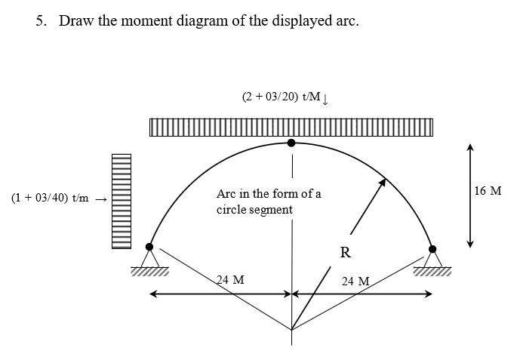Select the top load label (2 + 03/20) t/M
(281, 97)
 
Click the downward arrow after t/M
(325, 98)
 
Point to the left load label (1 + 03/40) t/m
(50, 198)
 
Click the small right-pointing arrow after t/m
(102, 199)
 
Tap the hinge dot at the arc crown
(292, 142)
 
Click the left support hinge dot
(149, 247)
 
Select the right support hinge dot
(432, 248)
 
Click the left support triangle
(149, 259)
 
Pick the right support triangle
(432, 260)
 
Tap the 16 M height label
(488, 190)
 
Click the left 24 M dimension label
(230, 280)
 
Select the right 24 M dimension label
(355, 282)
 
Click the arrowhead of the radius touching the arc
(383, 182)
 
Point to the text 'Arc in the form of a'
(269, 194)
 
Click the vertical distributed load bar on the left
(122, 202)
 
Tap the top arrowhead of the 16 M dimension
(470, 148)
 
